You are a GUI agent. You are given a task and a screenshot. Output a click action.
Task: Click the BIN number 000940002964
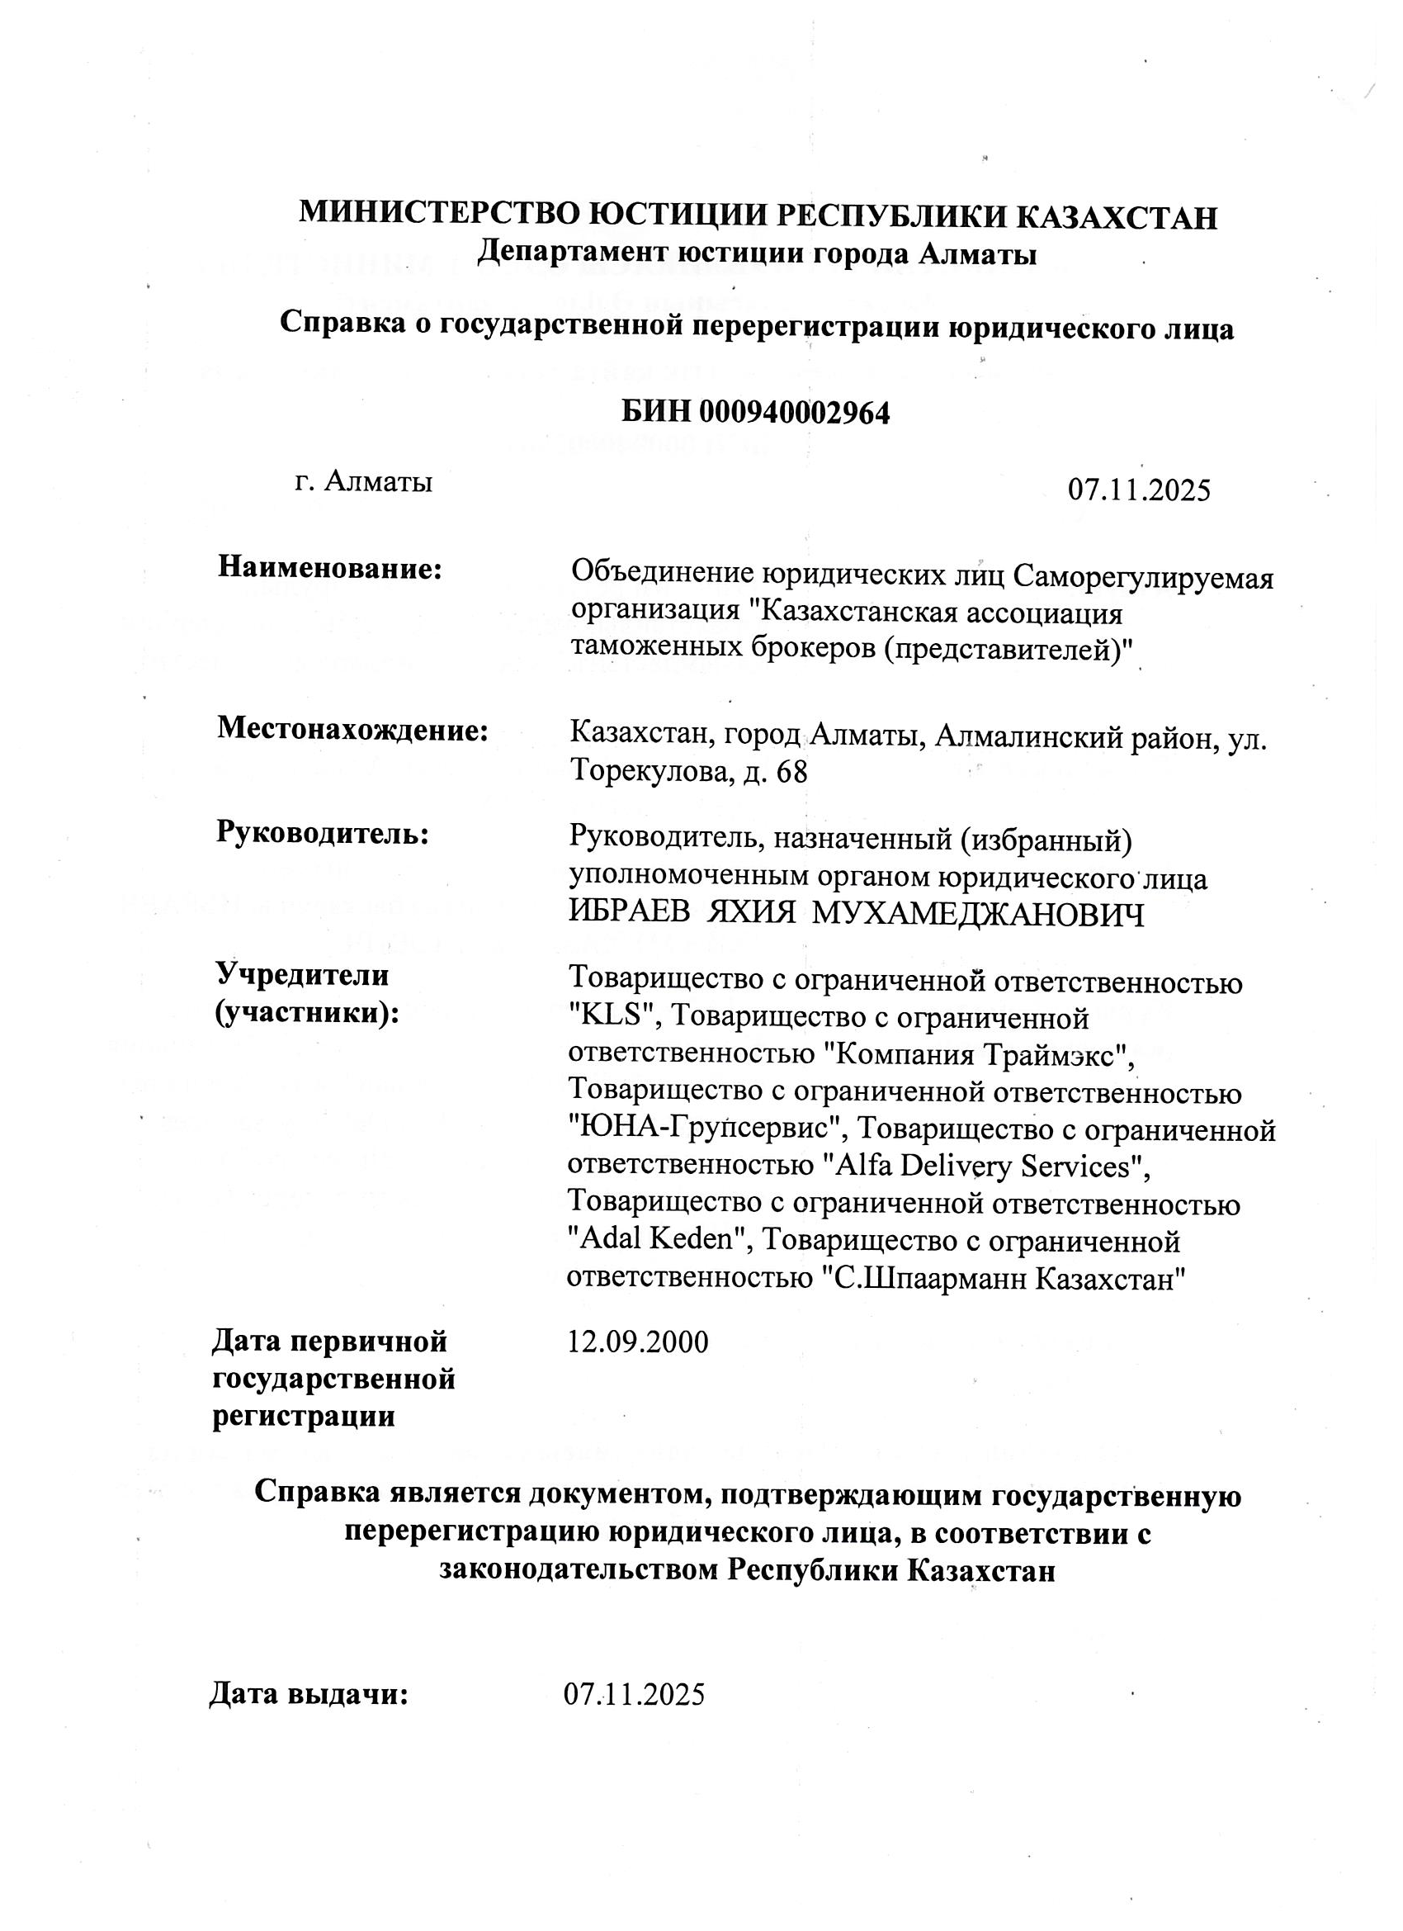793,413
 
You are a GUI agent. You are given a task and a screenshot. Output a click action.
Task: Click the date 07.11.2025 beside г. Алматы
1139,490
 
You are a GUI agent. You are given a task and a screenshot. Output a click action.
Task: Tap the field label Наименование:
330,568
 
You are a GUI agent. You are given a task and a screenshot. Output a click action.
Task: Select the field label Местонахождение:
352,730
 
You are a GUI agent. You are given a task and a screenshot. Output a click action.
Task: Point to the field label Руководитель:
323,832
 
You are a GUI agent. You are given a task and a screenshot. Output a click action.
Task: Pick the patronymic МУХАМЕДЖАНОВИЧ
978,915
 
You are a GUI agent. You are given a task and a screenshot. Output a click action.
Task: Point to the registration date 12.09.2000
638,1342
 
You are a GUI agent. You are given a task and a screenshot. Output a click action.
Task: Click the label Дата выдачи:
309,1694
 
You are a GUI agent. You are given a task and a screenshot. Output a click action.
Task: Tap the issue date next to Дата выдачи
635,1695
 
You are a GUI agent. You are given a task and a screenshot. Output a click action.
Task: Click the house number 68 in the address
791,773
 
